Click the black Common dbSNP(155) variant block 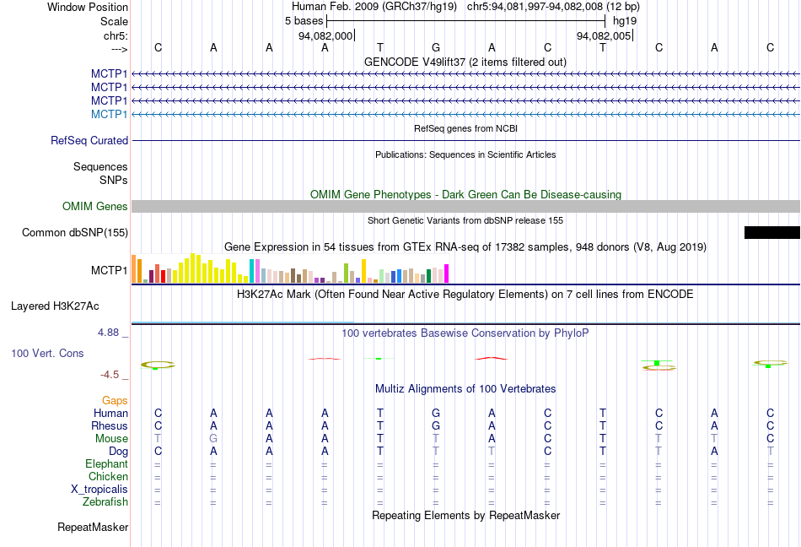point(771,232)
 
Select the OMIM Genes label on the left point(95,207)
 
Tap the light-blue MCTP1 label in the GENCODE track point(109,114)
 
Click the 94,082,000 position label point(325,36)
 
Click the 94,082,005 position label point(604,36)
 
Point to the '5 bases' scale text point(298,20)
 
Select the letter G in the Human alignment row point(435,414)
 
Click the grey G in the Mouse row point(213,439)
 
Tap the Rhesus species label point(110,426)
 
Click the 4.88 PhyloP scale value point(109,333)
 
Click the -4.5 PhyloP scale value point(110,375)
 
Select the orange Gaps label point(115,400)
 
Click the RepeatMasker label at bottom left point(93,528)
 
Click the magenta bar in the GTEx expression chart point(446,273)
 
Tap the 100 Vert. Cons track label point(47,353)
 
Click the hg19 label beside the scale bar point(625,20)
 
